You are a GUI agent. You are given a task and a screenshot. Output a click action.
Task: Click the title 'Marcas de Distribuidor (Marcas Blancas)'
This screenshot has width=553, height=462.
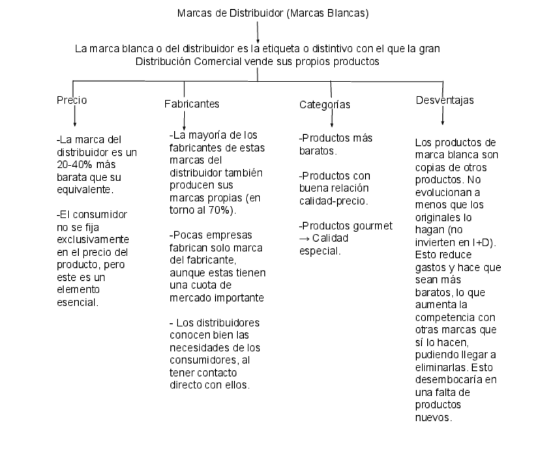coord(273,14)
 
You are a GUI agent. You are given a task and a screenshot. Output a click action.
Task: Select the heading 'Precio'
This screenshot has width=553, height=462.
coord(72,100)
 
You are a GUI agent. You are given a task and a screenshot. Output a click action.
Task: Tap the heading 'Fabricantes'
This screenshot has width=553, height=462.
coord(192,104)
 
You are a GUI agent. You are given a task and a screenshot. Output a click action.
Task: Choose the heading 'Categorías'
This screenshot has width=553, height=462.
coord(325,104)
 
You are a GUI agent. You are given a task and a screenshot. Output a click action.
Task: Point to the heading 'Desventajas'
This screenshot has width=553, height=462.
coord(445,100)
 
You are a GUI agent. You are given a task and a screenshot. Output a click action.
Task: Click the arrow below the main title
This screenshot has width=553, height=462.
coord(258,33)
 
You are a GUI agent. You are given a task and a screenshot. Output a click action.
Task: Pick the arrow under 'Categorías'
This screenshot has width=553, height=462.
coord(331,118)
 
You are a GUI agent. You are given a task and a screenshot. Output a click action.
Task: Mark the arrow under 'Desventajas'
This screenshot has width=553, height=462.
coord(443,115)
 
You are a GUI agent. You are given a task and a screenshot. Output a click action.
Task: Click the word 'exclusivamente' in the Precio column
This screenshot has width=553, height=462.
coord(92,239)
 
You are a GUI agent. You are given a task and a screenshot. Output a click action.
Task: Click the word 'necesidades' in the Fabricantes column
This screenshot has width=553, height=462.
coord(196,347)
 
